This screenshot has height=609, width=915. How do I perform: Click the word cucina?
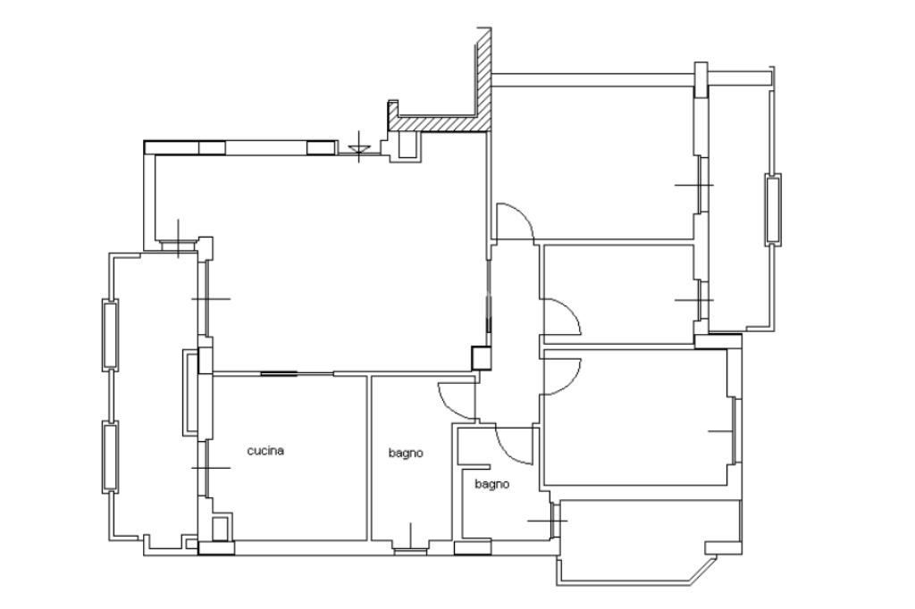tap(265, 450)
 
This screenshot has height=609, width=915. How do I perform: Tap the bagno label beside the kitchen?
tap(406, 454)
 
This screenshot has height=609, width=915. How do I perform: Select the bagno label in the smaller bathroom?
tap(491, 484)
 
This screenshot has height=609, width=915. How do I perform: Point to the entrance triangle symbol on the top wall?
tap(359, 151)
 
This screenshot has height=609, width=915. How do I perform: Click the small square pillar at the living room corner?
tap(482, 357)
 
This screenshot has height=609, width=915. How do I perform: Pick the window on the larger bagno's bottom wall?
tap(411, 549)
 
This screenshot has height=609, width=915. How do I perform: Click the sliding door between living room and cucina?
tap(280, 373)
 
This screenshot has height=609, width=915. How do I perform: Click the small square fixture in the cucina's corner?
tap(221, 528)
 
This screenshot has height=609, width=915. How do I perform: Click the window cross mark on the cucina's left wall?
tap(211, 468)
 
